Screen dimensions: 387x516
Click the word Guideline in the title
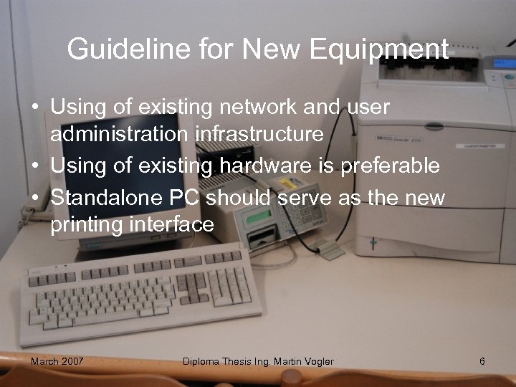tap(114, 49)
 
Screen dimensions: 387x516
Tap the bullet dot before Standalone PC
tap(34, 197)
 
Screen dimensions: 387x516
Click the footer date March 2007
tap(57, 361)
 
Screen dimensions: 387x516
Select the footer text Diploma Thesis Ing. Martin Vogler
tap(258, 361)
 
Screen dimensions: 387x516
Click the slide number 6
tap(482, 361)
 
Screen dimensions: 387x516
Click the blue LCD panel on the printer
tap(505, 64)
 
